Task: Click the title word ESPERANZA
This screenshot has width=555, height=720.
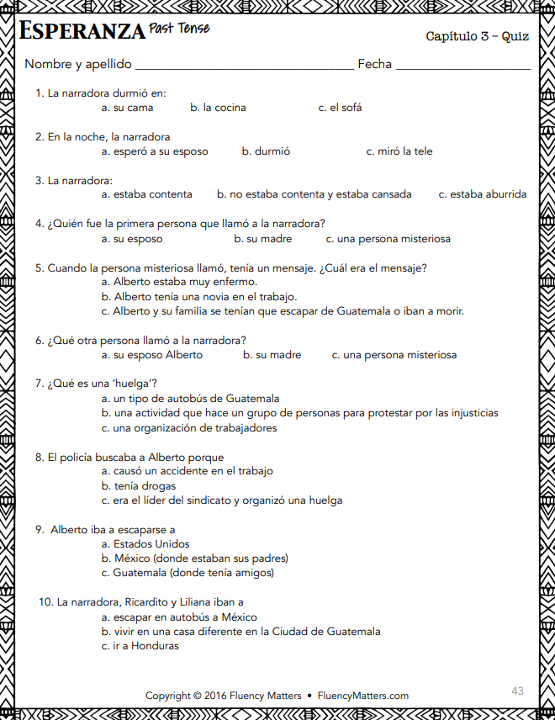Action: tap(82, 32)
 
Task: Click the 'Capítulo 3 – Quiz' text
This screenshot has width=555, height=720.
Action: tap(477, 36)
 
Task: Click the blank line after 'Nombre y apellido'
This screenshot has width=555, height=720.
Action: tap(244, 66)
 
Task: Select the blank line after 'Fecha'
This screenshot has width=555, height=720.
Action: tap(462, 66)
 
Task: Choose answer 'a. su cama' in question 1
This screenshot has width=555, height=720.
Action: tap(128, 108)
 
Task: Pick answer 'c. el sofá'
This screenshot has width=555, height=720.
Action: tap(340, 108)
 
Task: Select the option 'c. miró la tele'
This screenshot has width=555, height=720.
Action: tap(399, 151)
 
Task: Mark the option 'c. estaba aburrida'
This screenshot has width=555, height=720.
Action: tap(483, 194)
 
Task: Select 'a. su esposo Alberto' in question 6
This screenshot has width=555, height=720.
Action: tap(152, 355)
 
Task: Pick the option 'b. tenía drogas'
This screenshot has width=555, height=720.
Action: tap(139, 486)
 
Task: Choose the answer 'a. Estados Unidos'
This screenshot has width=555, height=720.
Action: tap(145, 544)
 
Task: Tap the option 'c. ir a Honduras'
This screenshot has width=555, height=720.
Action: tap(140, 646)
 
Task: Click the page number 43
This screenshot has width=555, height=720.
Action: tap(517, 691)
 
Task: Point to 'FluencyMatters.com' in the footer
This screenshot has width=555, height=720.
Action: tap(363, 696)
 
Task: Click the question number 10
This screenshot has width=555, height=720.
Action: tap(45, 602)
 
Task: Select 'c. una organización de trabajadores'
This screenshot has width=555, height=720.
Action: tap(189, 427)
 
